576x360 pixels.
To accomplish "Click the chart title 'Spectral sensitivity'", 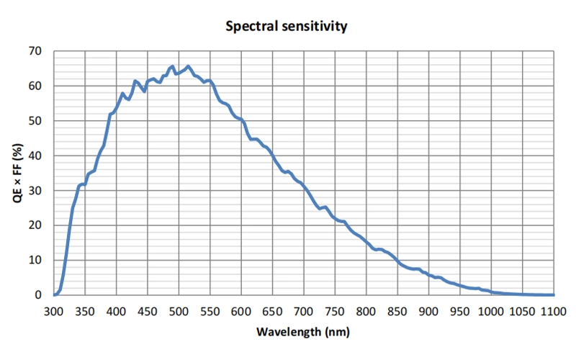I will click(x=287, y=27).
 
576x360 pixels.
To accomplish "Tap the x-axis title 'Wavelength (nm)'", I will click(x=304, y=333).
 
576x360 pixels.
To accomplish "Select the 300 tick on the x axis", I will click(x=54, y=312).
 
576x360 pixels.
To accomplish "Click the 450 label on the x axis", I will click(x=148, y=312).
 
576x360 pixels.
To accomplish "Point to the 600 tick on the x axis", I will click(x=241, y=312).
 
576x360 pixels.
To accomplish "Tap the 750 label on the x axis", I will click(x=335, y=312).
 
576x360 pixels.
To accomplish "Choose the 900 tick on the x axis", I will click(x=429, y=312).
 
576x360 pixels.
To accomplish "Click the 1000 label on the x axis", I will click(x=492, y=312).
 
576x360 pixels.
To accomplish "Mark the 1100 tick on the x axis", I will click(x=554, y=312).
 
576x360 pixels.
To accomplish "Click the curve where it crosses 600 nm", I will click(x=241, y=120).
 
